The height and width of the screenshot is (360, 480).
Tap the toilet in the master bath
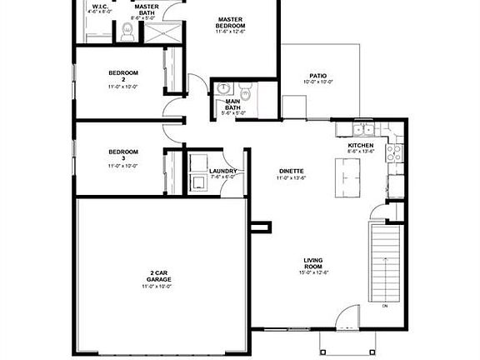pyautogui.click(x=127, y=32)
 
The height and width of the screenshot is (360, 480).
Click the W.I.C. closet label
pyautogui.click(x=101, y=7)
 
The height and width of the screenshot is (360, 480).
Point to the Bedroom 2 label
pyautogui.click(x=122, y=76)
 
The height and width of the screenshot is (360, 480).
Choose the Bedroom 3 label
pyautogui.click(x=122, y=155)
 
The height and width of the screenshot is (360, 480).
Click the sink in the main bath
pyautogui.click(x=224, y=88)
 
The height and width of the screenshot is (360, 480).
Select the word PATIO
pyautogui.click(x=317, y=75)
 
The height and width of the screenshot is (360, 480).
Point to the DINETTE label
pyautogui.click(x=291, y=172)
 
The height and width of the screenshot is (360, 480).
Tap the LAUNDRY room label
pyautogui.click(x=222, y=171)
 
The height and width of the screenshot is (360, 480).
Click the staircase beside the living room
pyautogui.click(x=385, y=262)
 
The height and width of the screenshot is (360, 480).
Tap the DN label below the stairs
pyautogui.click(x=385, y=307)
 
